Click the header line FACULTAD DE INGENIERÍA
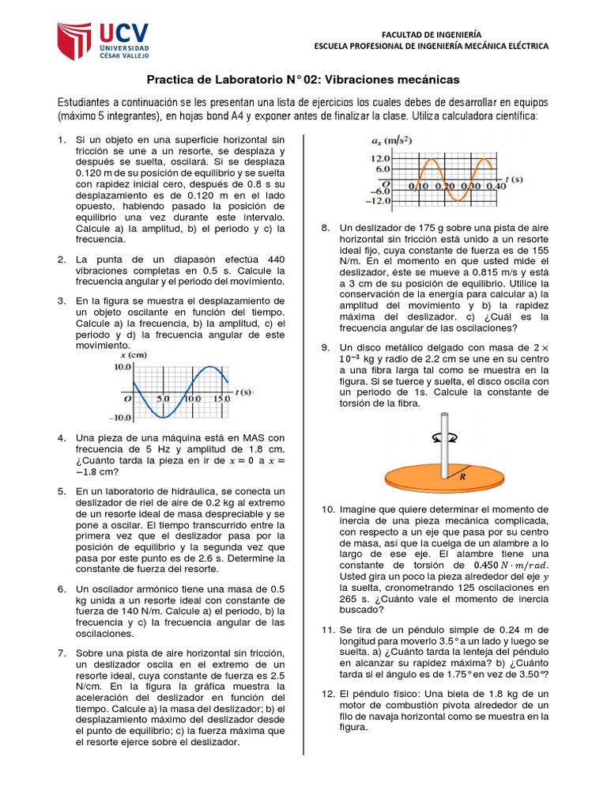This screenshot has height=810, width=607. tap(430, 35)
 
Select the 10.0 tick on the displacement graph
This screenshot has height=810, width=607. tap(123, 367)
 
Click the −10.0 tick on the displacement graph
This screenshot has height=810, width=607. tap(120, 418)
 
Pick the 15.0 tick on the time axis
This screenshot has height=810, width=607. tap(221, 399)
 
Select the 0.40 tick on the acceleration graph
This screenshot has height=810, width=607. tap(496, 185)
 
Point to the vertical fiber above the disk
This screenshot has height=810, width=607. tap(444, 443)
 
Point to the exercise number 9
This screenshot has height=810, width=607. tap(325, 347)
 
